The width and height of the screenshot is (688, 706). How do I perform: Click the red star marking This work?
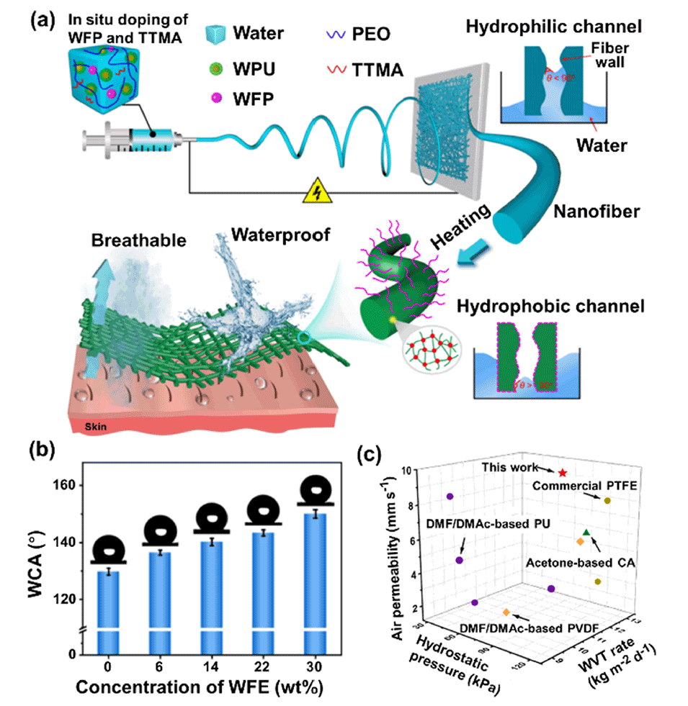562,473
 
